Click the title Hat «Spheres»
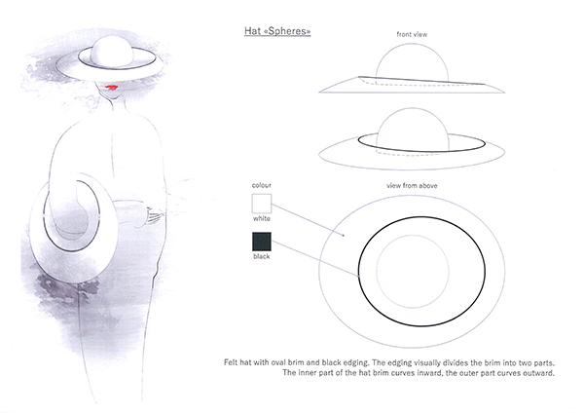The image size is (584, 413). (277, 31)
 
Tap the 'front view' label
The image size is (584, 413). (412, 34)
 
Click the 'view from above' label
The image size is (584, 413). (412, 186)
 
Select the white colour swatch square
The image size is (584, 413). (262, 204)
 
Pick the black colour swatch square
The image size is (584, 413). (262, 242)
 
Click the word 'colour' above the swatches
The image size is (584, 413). (262, 185)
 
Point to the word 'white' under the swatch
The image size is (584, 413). (262, 218)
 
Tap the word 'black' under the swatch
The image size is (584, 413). (262, 256)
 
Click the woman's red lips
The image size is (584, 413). (111, 88)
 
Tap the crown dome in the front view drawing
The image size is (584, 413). (412, 62)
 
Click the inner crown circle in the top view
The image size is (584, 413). (413, 272)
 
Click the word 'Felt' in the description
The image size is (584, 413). (231, 362)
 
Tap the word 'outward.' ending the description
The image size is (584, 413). (540, 373)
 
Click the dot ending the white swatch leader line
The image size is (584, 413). (344, 235)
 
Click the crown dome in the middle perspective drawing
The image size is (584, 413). (413, 127)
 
